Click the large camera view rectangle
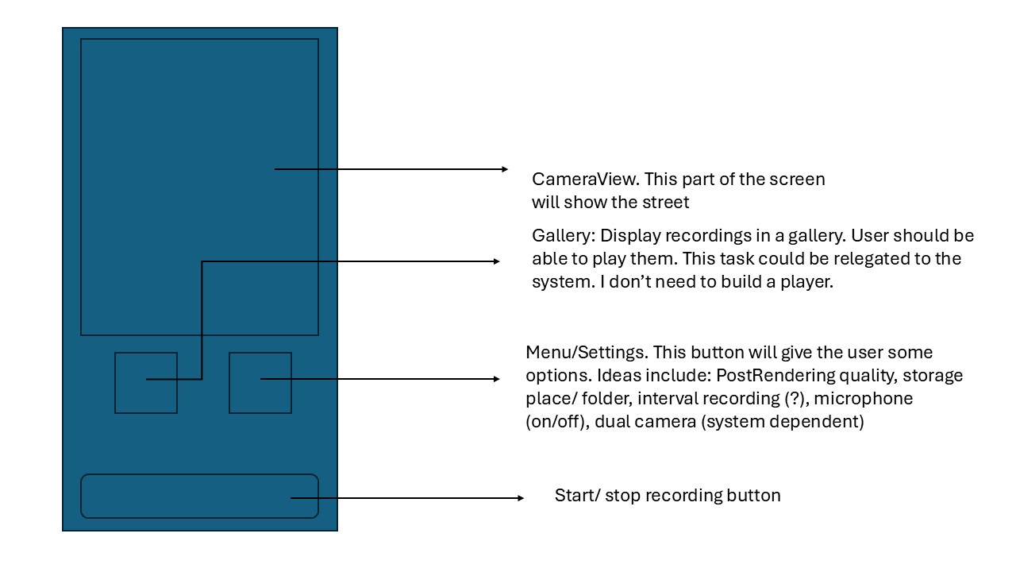(199, 119)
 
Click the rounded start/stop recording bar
(199, 496)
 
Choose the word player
(806, 282)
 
